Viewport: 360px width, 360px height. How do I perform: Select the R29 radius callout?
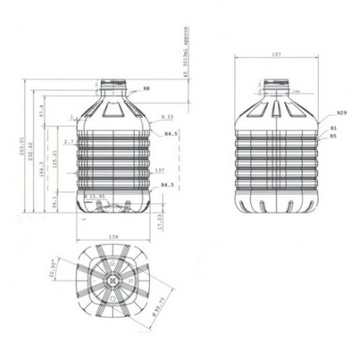[x=341, y=114]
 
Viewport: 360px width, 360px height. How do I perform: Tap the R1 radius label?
[x=334, y=128]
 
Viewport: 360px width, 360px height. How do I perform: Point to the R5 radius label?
[x=334, y=135]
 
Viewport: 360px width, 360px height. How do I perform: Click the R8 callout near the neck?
[x=146, y=88]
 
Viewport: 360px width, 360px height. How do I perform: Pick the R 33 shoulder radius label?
[x=166, y=117]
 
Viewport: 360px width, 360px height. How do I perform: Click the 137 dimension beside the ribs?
[x=159, y=170]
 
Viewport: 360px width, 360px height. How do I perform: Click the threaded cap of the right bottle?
[x=276, y=82]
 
